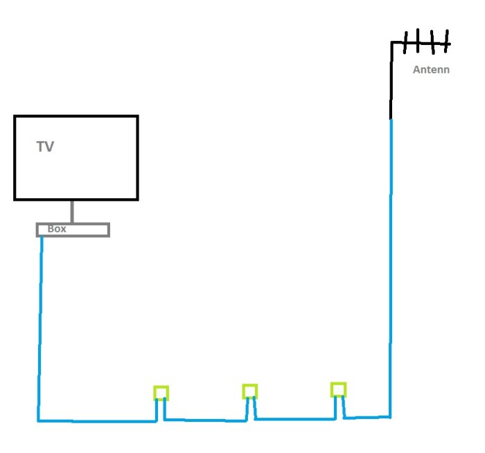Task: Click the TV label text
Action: coord(45,147)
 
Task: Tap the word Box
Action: coord(57,229)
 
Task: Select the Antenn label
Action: coord(431,69)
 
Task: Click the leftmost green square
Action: coord(161,387)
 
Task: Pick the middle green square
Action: coord(249,385)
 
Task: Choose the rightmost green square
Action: coord(338,384)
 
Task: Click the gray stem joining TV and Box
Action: coord(72,211)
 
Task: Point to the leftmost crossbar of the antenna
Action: coord(405,43)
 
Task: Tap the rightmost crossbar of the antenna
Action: coord(447,41)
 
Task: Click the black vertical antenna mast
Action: coord(391,80)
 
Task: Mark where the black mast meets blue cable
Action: coord(391,120)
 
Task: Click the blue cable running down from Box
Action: coord(40,328)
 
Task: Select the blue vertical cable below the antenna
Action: coord(391,268)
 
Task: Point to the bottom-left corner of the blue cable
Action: coord(38,420)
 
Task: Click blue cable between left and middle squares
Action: coord(205,420)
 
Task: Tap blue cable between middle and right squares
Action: coord(294,419)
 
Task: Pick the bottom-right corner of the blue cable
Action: coord(390,417)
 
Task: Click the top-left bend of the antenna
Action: coord(392,42)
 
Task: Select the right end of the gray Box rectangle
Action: coord(109,230)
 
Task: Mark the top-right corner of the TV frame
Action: coord(137,116)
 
